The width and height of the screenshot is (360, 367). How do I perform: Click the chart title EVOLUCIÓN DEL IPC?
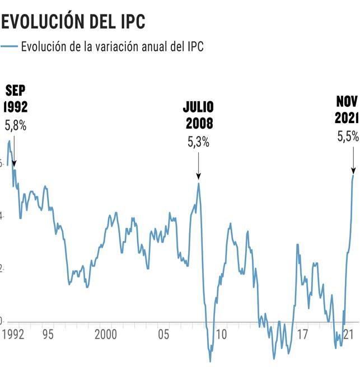coord(73,21)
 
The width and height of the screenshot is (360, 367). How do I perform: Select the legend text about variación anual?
coord(111,46)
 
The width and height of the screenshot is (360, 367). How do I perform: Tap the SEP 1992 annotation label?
coord(15,99)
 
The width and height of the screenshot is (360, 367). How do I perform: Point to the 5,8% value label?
coord(15,126)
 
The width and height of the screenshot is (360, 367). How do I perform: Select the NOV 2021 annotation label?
coord(347,110)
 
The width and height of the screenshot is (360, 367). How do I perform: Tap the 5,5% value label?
coord(347,137)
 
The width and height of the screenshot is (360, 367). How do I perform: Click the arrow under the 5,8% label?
coord(14,150)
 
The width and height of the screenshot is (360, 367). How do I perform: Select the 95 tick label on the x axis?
coord(48,335)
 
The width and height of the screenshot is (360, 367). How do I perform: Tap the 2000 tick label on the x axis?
coord(105,335)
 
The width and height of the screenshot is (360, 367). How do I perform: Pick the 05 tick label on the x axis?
coord(163,335)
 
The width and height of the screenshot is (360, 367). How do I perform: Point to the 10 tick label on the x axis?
coord(221,335)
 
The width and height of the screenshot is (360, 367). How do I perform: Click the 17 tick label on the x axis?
coord(302,335)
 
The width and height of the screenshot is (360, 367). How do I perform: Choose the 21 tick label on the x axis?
coord(348,335)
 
